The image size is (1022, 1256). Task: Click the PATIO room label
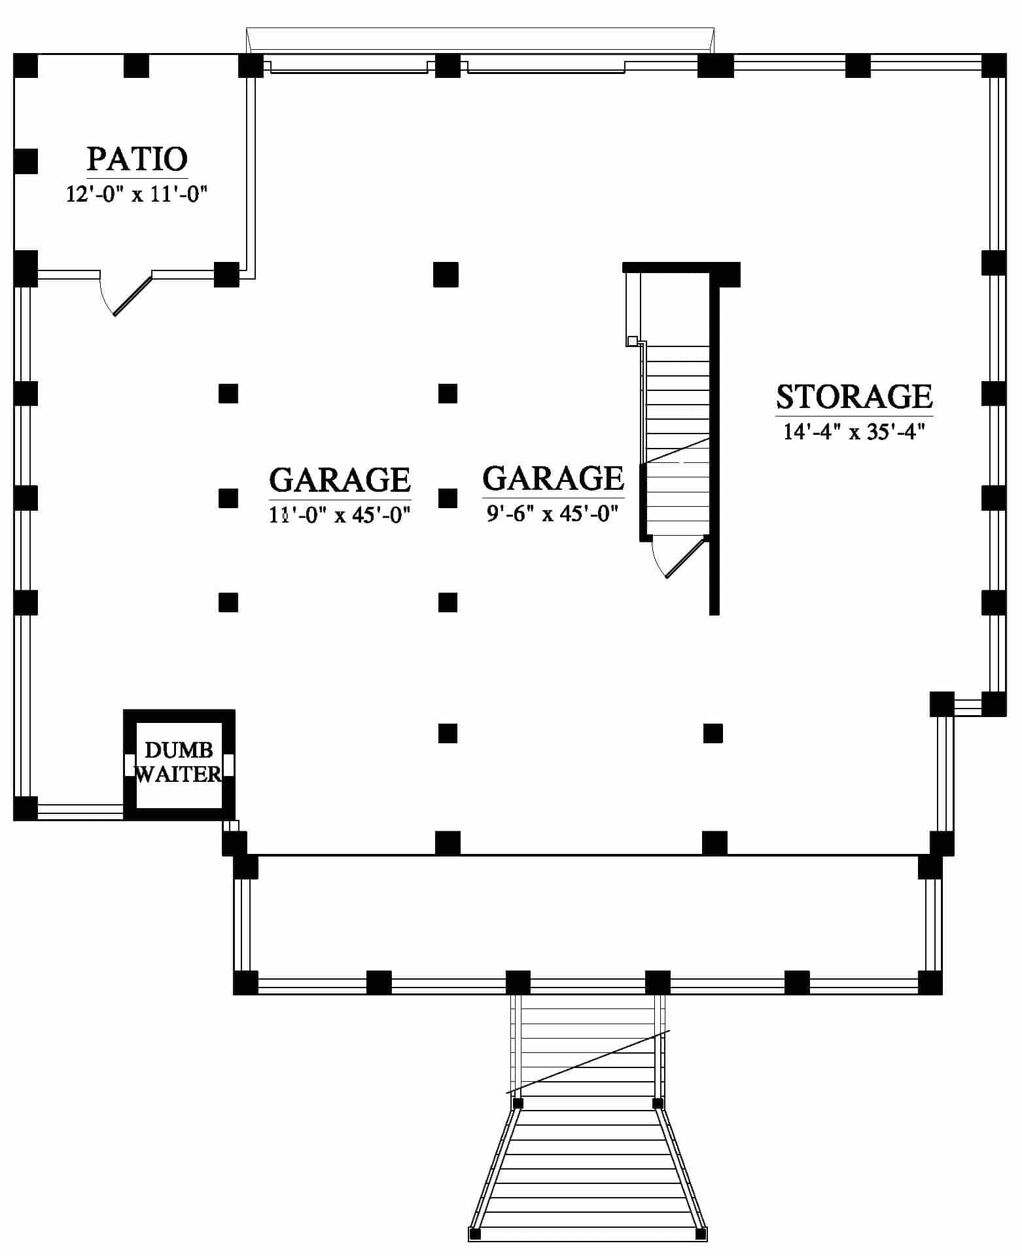(137, 159)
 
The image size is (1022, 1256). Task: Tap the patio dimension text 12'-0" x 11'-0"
(137, 194)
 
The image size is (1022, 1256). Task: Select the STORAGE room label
(854, 397)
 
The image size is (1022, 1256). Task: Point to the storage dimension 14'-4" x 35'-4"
(854, 432)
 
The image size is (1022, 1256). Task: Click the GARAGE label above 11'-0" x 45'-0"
(340, 479)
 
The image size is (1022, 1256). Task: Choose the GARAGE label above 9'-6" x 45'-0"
(553, 478)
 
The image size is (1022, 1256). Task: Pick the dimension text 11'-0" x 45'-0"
(340, 515)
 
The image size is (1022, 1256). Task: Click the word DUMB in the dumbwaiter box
(178, 750)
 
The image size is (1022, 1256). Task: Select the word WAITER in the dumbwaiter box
(178, 774)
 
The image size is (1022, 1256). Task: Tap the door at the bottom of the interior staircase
(680, 557)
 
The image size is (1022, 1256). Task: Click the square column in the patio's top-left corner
(26, 66)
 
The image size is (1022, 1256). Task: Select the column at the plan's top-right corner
(994, 66)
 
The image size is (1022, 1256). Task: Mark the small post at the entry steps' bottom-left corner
(475, 1234)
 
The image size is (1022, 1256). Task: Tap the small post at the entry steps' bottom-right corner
(701, 1234)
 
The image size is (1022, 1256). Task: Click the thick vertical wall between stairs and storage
(714, 445)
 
